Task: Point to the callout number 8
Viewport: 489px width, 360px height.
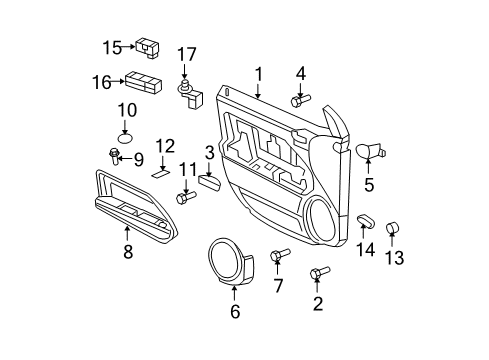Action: pyautogui.click(x=128, y=253)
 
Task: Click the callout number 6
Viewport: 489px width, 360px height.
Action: pyautogui.click(x=235, y=312)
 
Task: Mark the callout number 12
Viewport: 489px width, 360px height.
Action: pyautogui.click(x=165, y=146)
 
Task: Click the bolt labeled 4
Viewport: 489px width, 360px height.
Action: pyautogui.click(x=300, y=100)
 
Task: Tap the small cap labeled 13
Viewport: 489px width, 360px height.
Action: pyautogui.click(x=392, y=226)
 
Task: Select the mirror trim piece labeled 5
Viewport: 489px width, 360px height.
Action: pyautogui.click(x=370, y=152)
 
